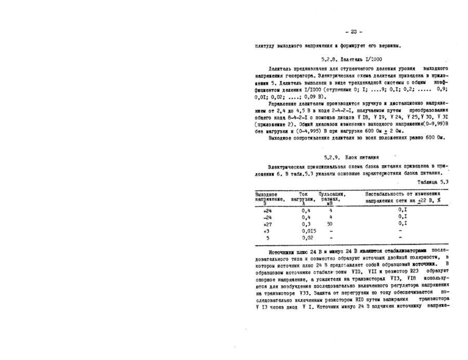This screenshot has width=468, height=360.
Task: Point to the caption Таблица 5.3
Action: coord(433,181)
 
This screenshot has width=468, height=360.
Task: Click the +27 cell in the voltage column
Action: coord(267,223)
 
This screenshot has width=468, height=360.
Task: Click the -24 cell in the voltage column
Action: coord(267,217)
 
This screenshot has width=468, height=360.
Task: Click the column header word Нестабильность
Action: coord(387,194)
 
